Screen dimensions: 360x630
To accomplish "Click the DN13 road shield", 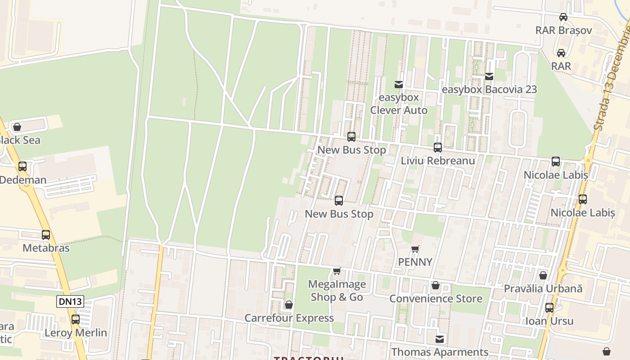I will click(70, 301).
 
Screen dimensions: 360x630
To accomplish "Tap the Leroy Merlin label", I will click(76, 333).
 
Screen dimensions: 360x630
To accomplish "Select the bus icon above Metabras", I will click(46, 235).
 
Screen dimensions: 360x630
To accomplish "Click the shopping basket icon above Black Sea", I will click(17, 127).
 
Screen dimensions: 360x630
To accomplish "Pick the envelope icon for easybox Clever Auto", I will click(398, 85).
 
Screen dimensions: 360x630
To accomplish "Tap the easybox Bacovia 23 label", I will click(489, 90).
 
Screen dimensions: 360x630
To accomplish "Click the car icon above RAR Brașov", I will click(563, 17).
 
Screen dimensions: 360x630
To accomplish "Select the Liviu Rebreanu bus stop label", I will click(438, 161).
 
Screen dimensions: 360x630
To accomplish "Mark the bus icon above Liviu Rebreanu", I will click(437, 148).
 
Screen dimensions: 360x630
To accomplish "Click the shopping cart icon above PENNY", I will click(415, 249).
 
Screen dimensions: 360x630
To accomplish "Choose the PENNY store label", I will click(415, 262).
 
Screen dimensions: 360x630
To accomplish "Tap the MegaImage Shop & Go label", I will click(337, 291).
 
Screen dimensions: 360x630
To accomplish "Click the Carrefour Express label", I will click(289, 318).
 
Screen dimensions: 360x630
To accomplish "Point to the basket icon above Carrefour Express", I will click(289, 305).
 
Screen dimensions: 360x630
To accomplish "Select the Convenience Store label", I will click(436, 299).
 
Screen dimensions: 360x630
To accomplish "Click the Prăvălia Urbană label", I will click(543, 288).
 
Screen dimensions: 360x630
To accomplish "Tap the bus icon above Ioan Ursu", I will click(549, 308).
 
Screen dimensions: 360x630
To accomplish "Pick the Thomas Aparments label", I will click(440, 352).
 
